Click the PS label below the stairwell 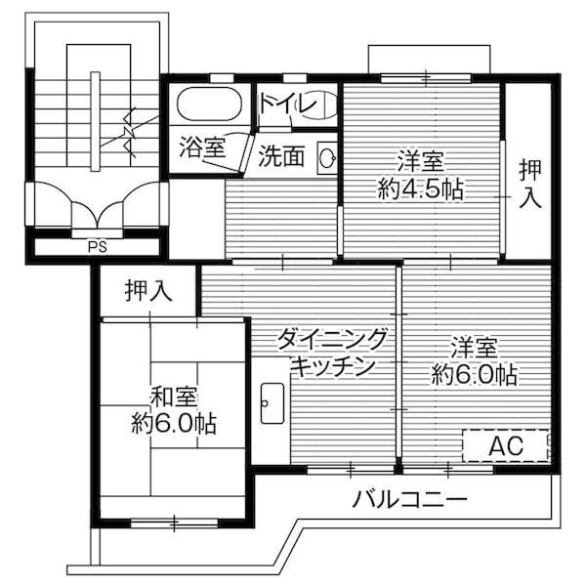[x=97, y=246]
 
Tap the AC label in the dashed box [x=507, y=445]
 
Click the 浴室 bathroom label [x=202, y=148]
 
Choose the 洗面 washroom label [x=281, y=156]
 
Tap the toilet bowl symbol [x=319, y=105]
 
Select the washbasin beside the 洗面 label [x=327, y=156]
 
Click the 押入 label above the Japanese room [x=148, y=290]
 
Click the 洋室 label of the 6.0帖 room [x=476, y=347]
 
